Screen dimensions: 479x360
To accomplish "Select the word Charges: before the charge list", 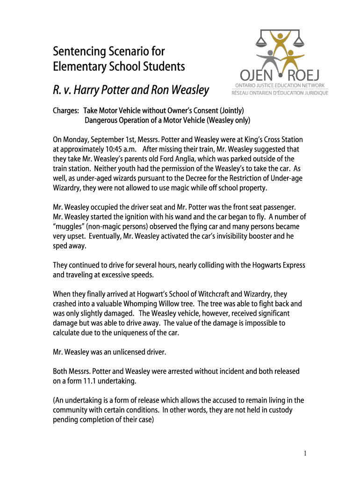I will click(67, 111).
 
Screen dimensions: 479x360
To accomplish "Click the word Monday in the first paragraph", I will click(77, 140).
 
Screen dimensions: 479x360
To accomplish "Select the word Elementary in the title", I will click(79, 66).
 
